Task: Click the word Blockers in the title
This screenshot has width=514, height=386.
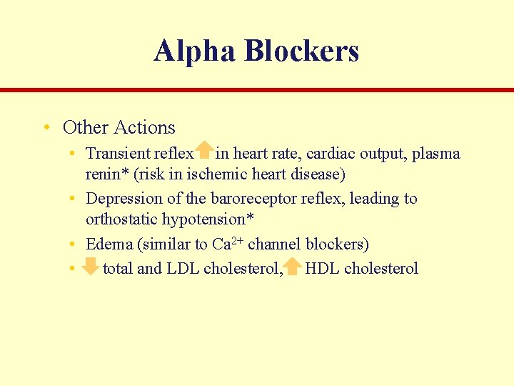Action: coord(301,51)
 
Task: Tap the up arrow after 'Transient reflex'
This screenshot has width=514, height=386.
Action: coord(205,150)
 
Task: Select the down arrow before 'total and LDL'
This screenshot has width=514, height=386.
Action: coord(90,267)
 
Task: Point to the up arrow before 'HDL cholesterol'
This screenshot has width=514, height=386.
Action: coord(293,267)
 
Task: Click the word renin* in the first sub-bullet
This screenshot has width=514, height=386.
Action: coord(105,173)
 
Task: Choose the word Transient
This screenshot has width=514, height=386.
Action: coord(118,153)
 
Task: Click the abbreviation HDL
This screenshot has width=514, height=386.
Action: coord(323,269)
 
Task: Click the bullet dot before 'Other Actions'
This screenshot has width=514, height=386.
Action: coord(46,128)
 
